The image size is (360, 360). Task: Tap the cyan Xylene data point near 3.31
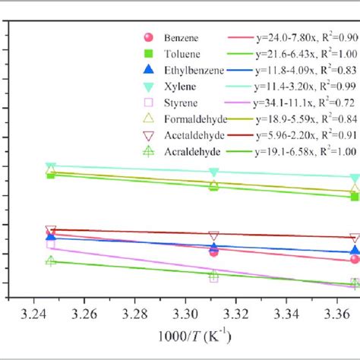pyautogui.click(x=214, y=172)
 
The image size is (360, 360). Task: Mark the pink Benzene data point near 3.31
pyautogui.click(x=213, y=251)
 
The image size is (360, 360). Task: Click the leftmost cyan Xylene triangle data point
pyautogui.click(x=51, y=166)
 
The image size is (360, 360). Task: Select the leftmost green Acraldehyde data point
pyautogui.click(x=51, y=261)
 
